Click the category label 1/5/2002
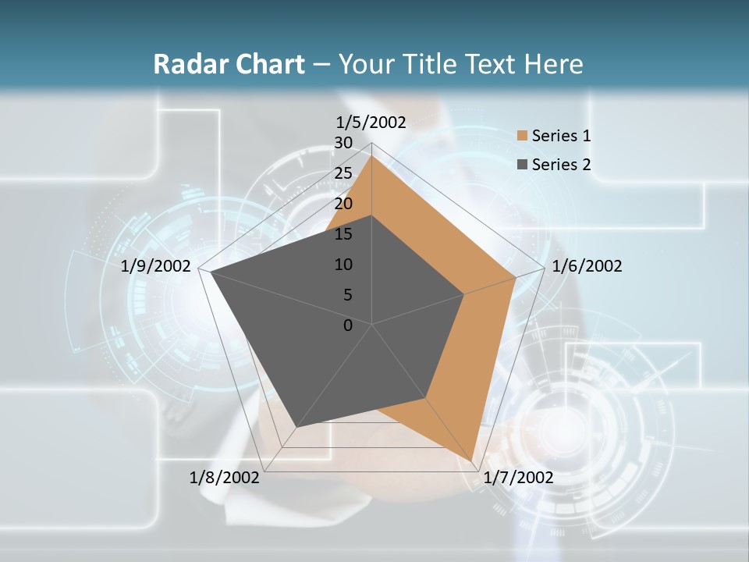coord(371,123)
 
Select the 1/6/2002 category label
coord(587,266)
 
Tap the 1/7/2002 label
coord(518,478)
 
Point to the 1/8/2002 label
coord(225,478)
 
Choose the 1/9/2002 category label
coord(156,266)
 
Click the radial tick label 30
coord(343,143)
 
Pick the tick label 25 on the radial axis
coord(343,173)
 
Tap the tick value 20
coord(343,204)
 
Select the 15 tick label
coord(343,234)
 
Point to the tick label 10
coord(343,265)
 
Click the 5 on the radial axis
coord(347,295)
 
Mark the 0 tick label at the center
coord(347,325)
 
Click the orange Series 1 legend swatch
coord(522,137)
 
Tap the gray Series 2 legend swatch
coord(522,165)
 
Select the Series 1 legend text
coord(561,136)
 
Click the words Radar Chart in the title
coord(229,65)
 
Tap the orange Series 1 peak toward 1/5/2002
coord(371,155)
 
